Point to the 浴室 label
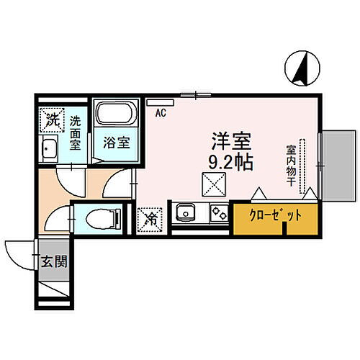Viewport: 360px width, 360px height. tap(116, 142)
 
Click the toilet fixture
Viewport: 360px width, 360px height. tap(98, 217)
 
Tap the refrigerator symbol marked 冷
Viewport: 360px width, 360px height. tap(150, 215)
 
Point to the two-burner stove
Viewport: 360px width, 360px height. tap(216, 214)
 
